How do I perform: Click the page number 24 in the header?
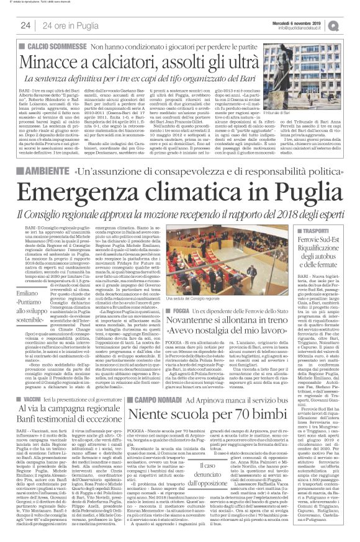(x=25, y=25)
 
